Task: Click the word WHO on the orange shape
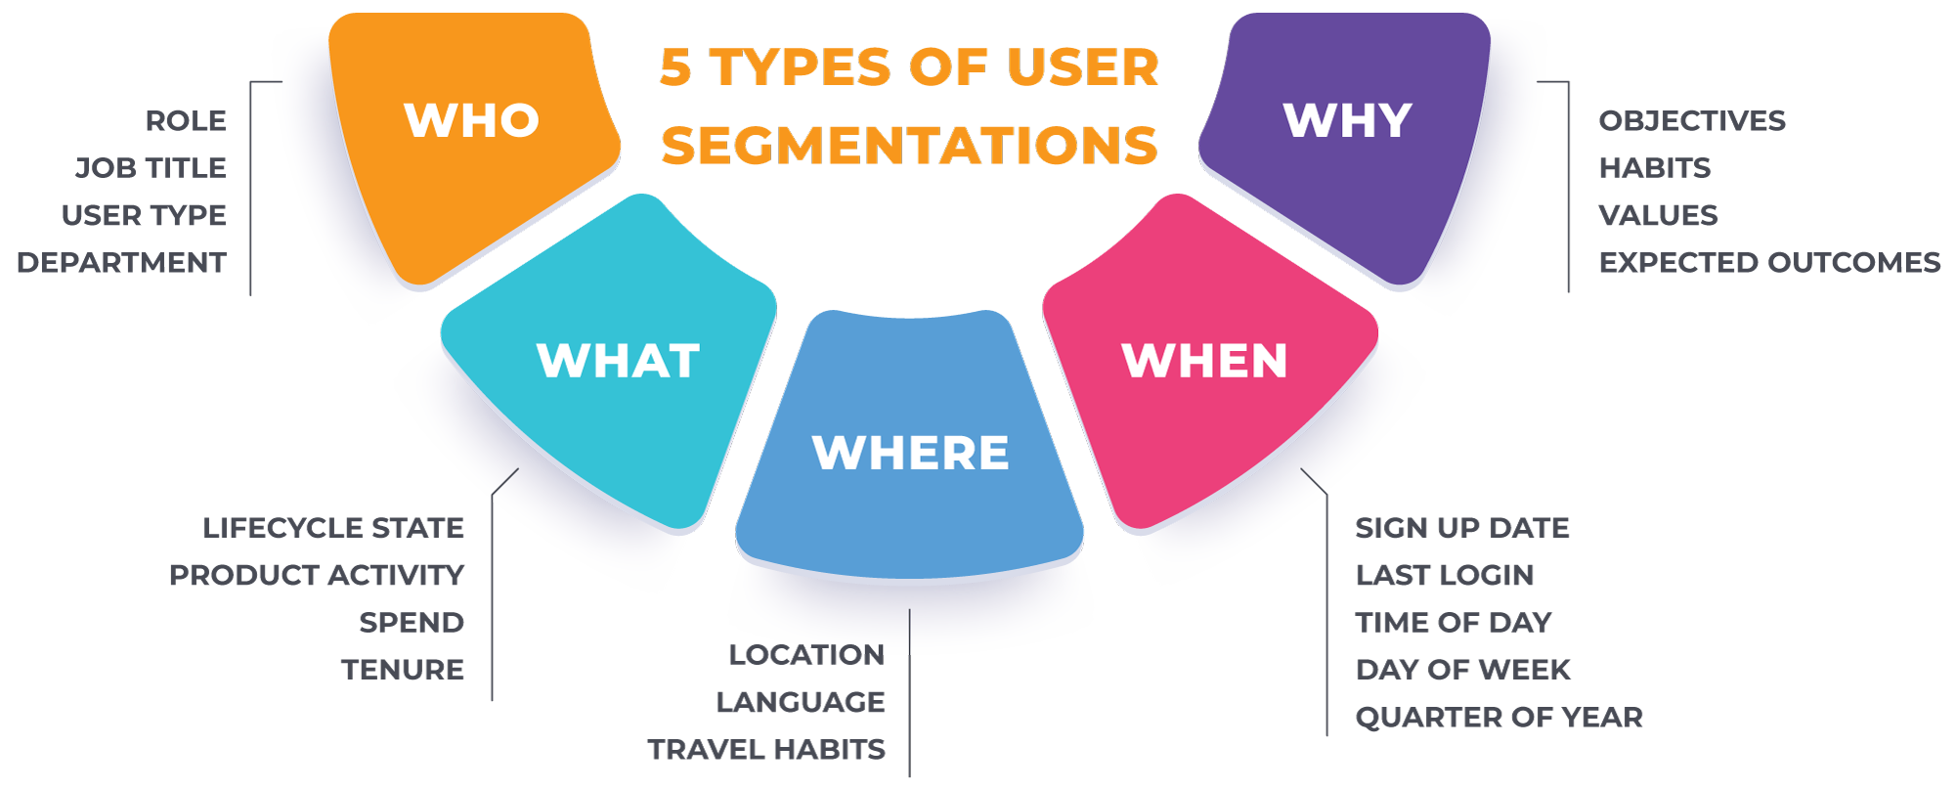click(472, 120)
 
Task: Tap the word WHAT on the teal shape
click(618, 361)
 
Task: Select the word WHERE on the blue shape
click(910, 453)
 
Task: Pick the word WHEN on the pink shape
click(1204, 361)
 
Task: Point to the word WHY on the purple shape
click(1347, 120)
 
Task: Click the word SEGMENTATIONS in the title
click(909, 145)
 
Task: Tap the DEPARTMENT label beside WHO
click(119, 262)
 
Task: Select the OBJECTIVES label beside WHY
click(1692, 120)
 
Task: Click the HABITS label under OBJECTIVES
click(1655, 167)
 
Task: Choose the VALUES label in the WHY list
click(1658, 214)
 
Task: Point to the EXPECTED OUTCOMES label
click(1769, 262)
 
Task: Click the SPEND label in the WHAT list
click(411, 622)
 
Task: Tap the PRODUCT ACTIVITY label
click(317, 574)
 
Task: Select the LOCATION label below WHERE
click(808, 654)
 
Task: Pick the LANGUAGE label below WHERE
click(800, 701)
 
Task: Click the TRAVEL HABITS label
click(765, 749)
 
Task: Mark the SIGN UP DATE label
click(1461, 527)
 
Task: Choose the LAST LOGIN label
click(1445, 574)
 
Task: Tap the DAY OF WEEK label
click(1462, 669)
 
